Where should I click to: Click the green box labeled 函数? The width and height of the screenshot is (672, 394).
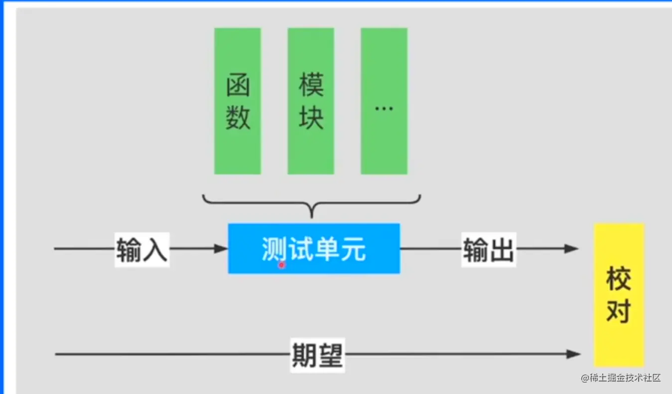pyautogui.click(x=238, y=101)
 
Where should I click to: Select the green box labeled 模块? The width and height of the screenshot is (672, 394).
pyautogui.click(x=311, y=101)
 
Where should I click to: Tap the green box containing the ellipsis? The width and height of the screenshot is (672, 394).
pyautogui.click(x=384, y=101)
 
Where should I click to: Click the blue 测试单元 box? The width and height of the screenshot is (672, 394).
pyautogui.click(x=314, y=249)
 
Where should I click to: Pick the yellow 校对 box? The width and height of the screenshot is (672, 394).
pyautogui.click(x=619, y=295)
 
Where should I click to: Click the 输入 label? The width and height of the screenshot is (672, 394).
pyautogui.click(x=142, y=249)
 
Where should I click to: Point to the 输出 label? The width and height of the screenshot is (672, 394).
pyautogui.click(x=488, y=249)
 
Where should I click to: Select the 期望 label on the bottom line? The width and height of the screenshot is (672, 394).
pyautogui.click(x=317, y=355)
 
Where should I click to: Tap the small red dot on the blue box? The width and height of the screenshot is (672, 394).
pyautogui.click(x=281, y=265)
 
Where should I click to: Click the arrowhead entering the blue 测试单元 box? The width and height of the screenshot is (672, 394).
pyautogui.click(x=221, y=249)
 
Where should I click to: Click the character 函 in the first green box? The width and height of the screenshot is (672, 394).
pyautogui.click(x=238, y=85)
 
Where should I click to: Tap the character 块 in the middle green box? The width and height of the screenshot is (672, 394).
pyautogui.click(x=311, y=118)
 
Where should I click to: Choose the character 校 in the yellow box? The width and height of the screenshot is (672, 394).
pyautogui.click(x=619, y=279)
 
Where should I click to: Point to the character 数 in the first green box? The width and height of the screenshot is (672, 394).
pyautogui.click(x=238, y=118)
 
